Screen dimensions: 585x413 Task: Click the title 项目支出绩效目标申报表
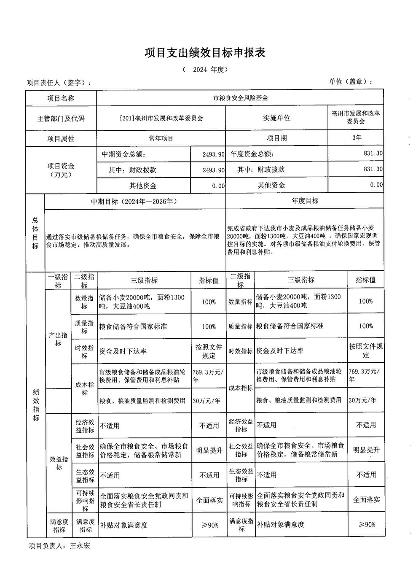coord(205,53)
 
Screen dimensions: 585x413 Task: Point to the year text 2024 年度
coord(205,70)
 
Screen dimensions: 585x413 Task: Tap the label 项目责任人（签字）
coord(59,83)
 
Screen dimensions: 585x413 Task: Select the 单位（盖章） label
coord(351,82)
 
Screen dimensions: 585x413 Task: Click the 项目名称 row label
coord(61,98)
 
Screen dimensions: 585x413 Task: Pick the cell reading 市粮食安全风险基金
coord(240,98)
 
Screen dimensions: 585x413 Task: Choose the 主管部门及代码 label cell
coord(61,119)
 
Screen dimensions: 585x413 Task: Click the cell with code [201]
coord(161,118)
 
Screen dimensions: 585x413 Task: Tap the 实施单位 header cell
coord(276,118)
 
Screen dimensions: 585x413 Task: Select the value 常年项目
coord(161,138)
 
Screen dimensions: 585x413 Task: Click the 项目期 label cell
coord(276,138)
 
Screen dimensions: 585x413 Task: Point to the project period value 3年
coord(356,137)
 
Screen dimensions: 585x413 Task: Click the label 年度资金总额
coord(252,154)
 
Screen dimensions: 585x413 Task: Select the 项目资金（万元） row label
coord(61,170)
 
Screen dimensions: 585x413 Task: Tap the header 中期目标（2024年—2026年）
coord(134,201)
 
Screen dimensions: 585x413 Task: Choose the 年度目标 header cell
coord(305,201)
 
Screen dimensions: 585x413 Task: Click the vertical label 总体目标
coord(35,233)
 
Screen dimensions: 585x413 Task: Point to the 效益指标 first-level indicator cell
coord(59,463)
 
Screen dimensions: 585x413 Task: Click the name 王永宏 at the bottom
coord(80,546)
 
